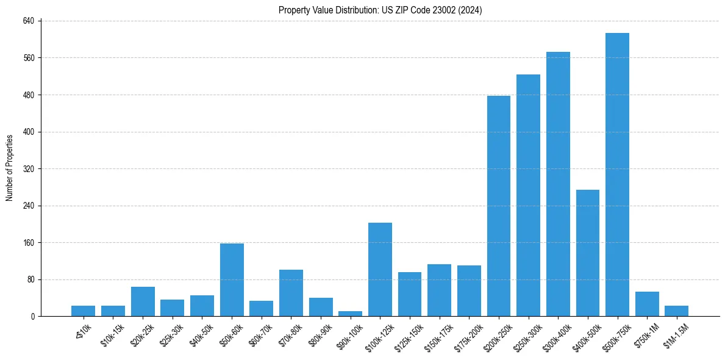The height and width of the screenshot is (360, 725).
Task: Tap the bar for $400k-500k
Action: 588,253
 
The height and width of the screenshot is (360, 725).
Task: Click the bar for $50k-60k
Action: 232,280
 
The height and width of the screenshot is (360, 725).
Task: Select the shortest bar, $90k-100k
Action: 351,314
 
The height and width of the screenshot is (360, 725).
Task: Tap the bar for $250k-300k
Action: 528,195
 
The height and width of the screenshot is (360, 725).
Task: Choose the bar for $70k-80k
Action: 291,293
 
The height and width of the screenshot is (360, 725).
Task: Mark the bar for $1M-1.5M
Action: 676,311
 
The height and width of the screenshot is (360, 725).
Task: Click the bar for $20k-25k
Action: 143,301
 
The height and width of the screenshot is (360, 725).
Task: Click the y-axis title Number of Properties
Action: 9,168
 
